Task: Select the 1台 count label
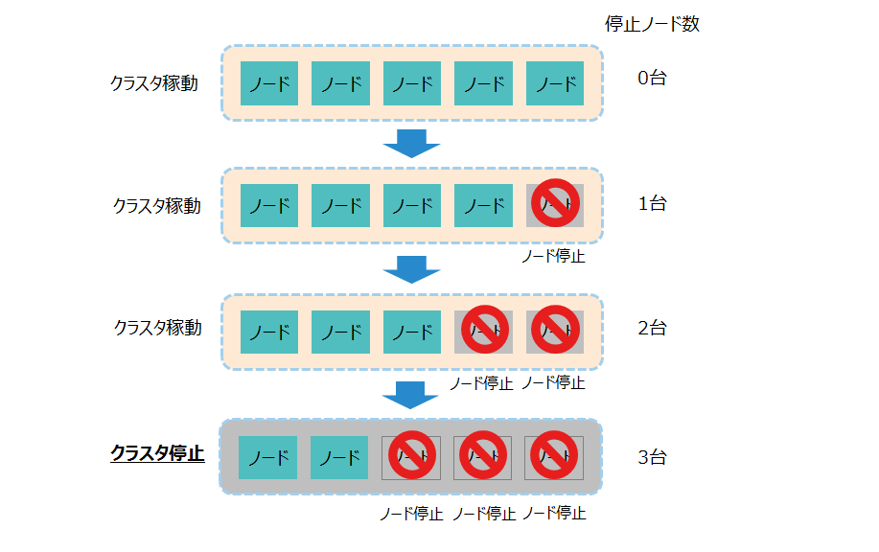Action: [652, 203]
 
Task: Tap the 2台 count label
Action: [652, 328]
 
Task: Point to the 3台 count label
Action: [652, 457]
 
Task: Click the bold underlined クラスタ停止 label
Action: [157, 453]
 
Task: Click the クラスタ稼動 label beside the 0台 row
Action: [154, 83]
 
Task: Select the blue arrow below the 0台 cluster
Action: [411, 143]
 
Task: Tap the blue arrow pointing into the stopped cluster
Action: [411, 394]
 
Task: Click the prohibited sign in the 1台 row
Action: [555, 203]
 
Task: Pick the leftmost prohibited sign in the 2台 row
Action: [484, 330]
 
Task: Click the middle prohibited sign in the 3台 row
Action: [482, 455]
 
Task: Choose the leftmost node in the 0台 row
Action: [268, 83]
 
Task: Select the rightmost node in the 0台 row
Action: [555, 83]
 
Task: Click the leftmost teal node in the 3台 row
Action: [267, 458]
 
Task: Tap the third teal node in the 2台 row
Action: [412, 332]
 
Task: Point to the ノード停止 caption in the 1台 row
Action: [553, 257]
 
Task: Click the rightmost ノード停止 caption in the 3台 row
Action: [554, 514]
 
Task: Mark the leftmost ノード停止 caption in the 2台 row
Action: [481, 383]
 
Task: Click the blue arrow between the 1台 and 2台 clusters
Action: [411, 269]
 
